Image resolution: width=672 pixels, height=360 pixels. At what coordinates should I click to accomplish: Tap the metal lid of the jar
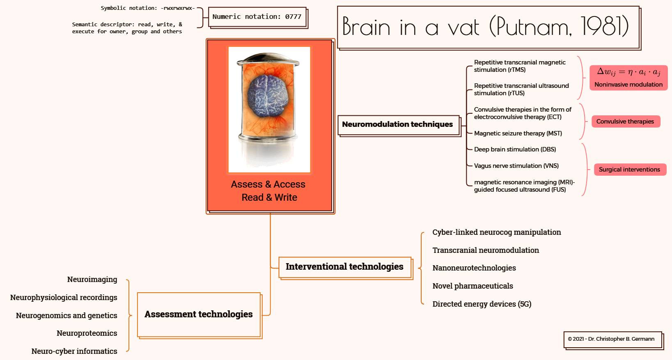268,60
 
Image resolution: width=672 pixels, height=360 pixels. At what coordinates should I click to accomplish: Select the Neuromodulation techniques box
397,124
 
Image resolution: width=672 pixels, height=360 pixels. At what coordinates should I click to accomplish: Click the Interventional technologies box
344,267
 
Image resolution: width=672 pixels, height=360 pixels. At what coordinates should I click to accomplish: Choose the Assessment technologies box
199,314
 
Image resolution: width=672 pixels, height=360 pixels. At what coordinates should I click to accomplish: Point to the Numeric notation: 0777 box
257,17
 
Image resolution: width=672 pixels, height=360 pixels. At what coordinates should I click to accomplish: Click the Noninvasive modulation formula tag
628,77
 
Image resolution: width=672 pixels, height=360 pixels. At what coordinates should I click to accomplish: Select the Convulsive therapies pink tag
625,122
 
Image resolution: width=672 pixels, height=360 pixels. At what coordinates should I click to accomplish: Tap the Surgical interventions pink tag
629,170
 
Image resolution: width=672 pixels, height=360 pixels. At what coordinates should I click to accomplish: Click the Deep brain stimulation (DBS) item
515,149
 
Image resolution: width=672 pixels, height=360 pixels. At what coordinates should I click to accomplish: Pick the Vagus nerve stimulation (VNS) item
516,166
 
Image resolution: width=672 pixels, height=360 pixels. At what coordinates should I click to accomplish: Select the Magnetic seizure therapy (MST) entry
518,133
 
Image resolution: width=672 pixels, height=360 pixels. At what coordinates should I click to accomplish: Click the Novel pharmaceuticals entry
472,286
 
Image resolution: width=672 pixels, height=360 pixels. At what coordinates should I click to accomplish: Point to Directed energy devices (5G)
482,304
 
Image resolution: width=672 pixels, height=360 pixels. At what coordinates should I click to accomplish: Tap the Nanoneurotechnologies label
474,268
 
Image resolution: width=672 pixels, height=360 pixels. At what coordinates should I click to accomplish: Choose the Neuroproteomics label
87,333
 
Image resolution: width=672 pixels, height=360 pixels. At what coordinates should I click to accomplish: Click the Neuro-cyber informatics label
74,351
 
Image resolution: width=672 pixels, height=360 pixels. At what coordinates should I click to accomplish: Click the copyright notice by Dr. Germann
611,339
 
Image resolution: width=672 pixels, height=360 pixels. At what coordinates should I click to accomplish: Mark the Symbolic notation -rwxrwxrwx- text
148,8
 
